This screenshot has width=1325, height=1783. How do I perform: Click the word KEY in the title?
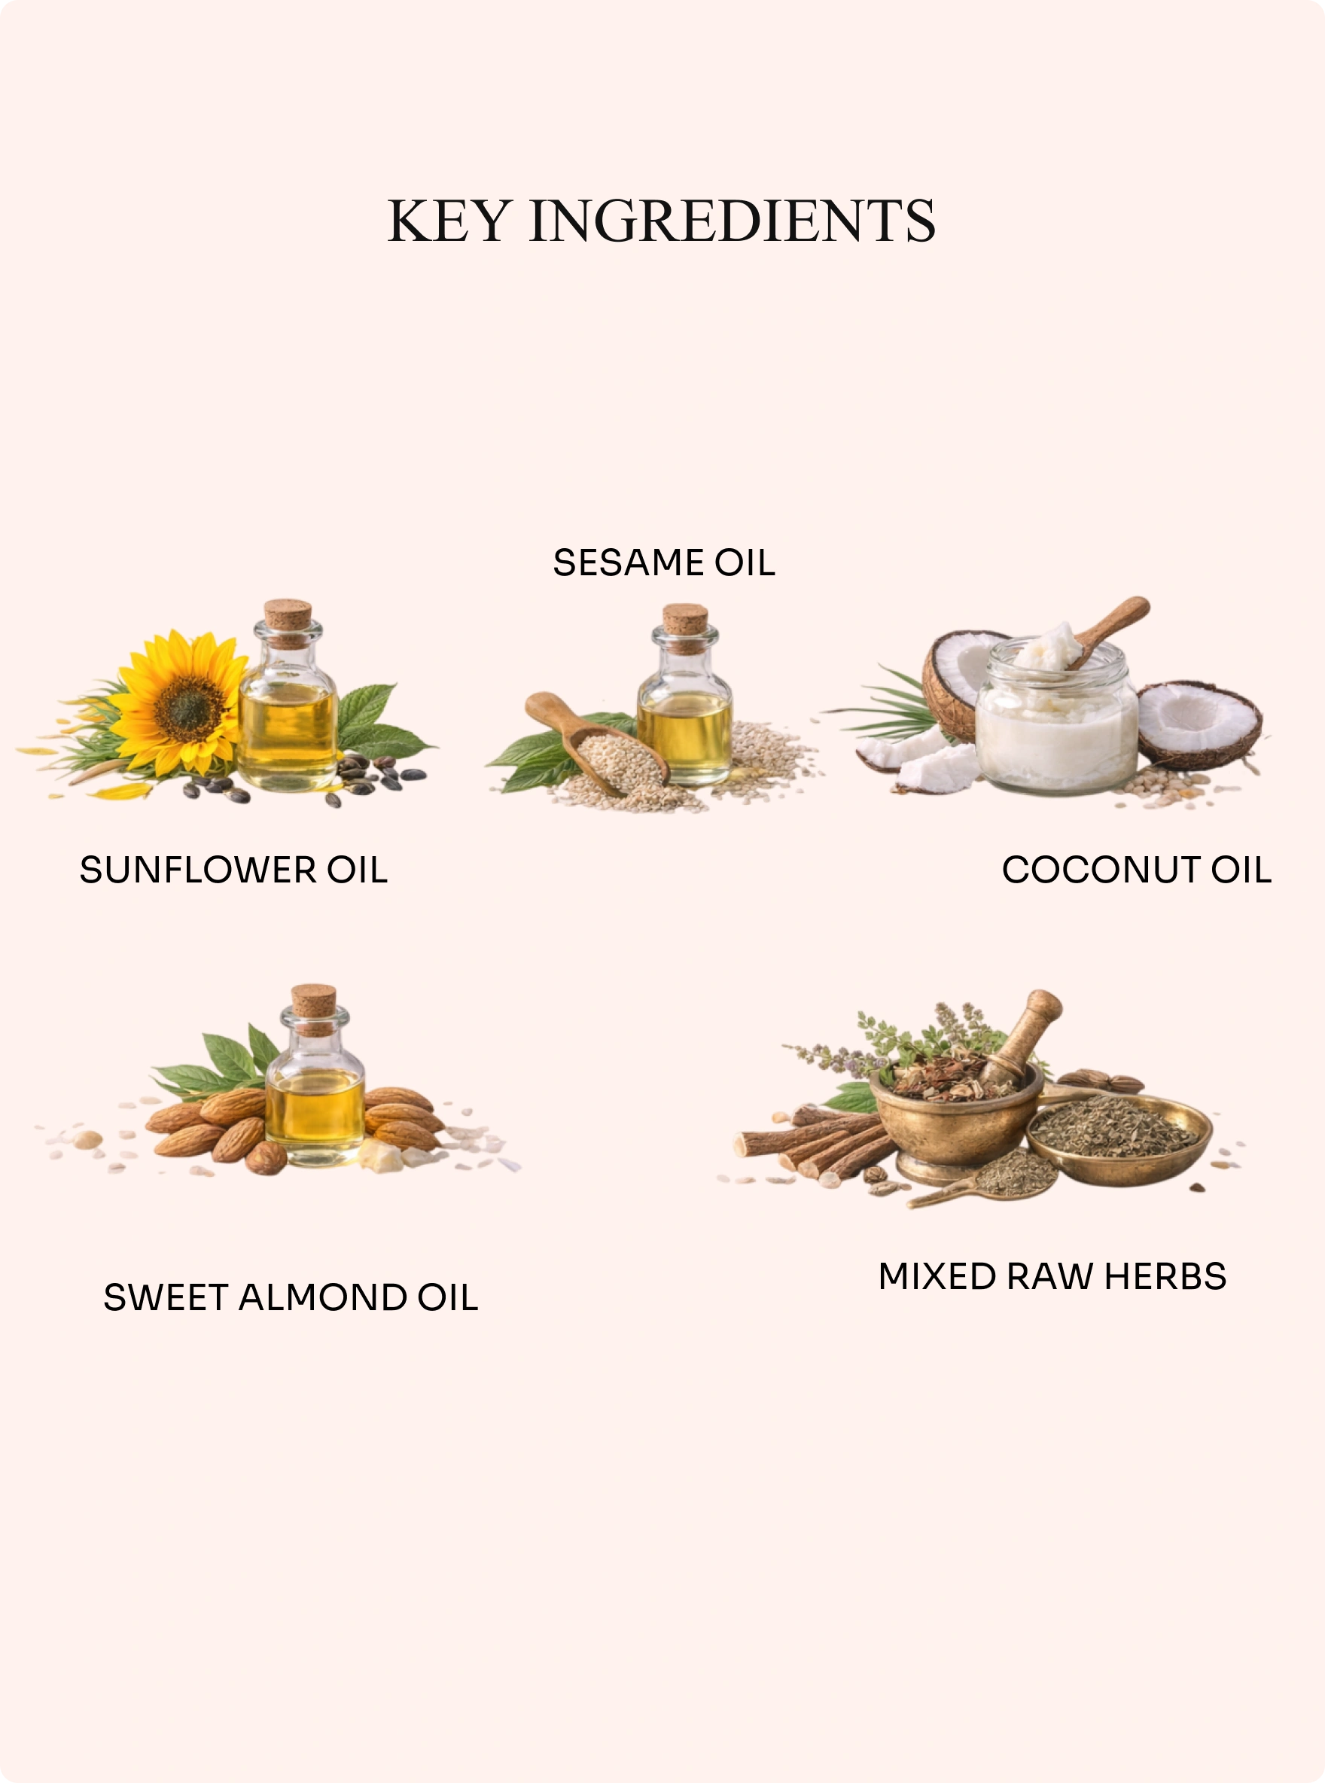pos(449,221)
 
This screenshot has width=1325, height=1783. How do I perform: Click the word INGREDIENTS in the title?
pos(733,221)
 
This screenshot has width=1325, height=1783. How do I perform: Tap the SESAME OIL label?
pos(664,562)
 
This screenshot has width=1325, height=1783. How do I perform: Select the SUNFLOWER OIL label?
pos(233,870)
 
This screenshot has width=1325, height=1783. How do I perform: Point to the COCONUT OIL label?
pos(1137,870)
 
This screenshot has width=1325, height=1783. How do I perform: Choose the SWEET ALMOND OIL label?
pos(291,1297)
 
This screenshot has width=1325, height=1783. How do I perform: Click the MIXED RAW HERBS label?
pos(1052,1276)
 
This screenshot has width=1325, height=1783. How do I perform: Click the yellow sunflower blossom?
pos(181,704)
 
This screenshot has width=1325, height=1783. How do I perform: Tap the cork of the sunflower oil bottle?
pos(288,623)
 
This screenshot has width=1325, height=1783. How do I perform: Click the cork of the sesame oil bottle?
pos(685,628)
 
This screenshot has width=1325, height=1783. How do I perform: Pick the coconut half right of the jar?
pos(1199,724)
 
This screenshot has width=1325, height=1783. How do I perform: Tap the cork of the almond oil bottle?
pos(314,1009)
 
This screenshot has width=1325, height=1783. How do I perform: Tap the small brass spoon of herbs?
pos(991,1179)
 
